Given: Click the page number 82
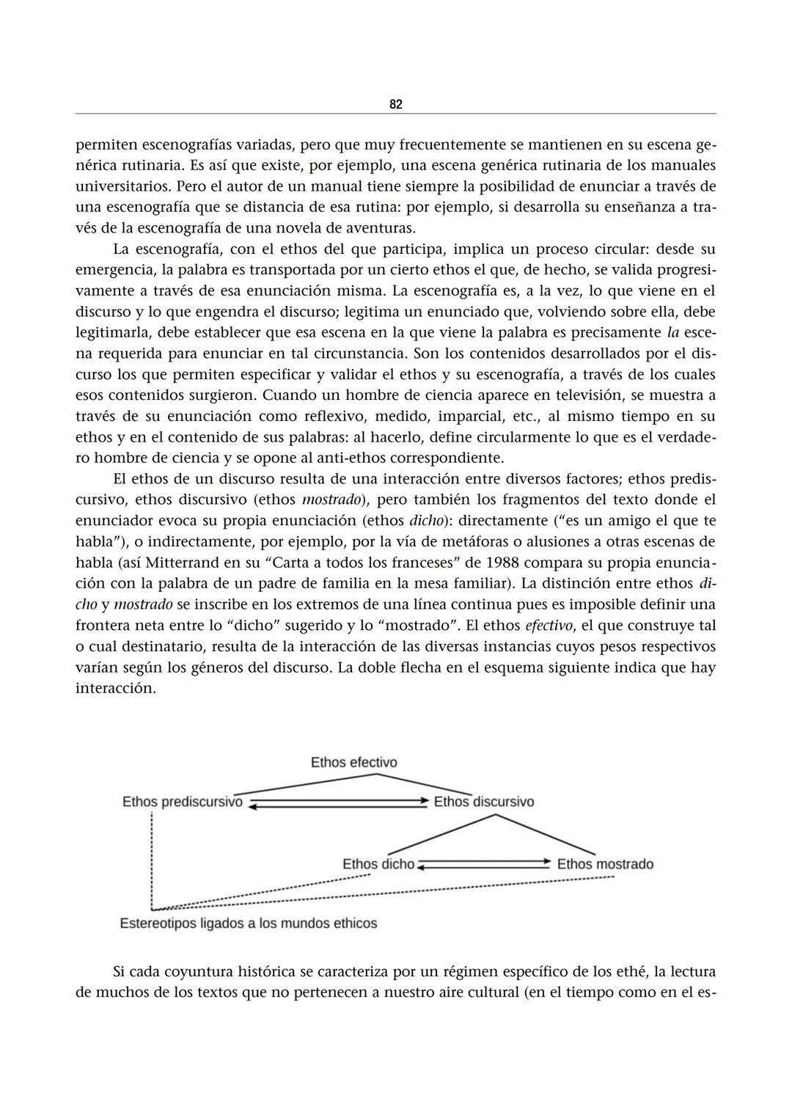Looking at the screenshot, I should [x=395, y=105].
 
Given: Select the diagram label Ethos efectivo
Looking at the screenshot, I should [x=353, y=763].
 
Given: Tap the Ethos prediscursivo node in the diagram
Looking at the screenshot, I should [x=182, y=802].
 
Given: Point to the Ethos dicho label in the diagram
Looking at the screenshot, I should [x=378, y=864].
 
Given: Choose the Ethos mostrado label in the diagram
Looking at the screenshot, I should [x=605, y=864].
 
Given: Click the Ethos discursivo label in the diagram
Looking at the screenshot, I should [x=484, y=802].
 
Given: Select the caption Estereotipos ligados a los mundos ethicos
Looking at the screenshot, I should [x=248, y=923].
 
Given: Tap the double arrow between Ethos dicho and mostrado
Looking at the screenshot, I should [x=484, y=864].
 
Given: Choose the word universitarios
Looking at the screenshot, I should [x=122, y=186].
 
